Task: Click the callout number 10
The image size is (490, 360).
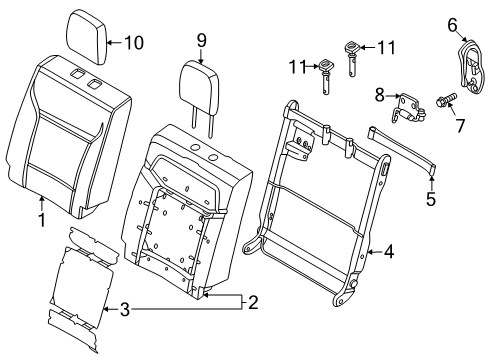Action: [134, 43]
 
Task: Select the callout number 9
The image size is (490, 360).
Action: [201, 41]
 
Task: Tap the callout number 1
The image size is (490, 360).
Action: [42, 220]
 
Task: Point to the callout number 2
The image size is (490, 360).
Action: [253, 303]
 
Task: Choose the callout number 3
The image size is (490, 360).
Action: [124, 310]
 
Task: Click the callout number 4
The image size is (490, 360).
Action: [389, 252]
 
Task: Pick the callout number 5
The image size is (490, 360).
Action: [431, 199]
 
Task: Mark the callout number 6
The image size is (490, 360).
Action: [452, 25]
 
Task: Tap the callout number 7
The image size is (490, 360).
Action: [460, 126]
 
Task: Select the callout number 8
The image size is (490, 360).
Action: [379, 95]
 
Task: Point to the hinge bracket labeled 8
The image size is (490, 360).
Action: [408, 108]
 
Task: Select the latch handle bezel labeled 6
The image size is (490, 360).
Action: [470, 68]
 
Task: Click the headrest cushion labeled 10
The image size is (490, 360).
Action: [87, 36]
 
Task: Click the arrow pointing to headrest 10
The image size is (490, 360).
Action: [115, 43]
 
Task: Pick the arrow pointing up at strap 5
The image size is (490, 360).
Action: [431, 183]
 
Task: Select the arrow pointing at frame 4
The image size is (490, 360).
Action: [375, 252]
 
